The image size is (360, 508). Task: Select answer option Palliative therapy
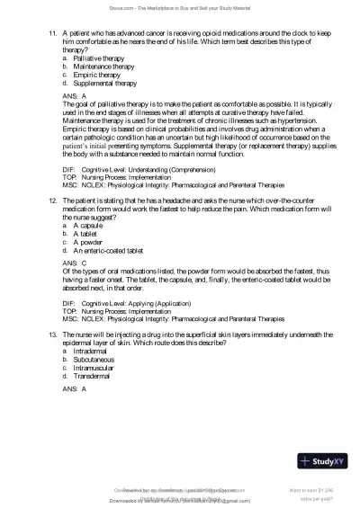(100, 58)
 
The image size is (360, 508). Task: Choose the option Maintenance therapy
(104, 67)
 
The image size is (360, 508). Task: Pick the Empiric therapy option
(97, 75)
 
